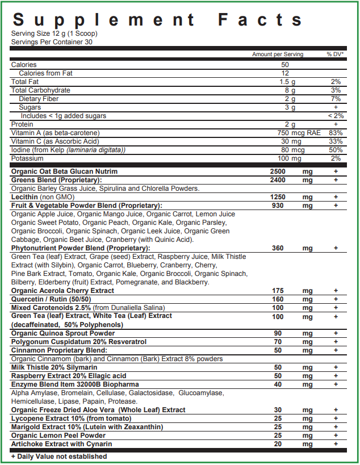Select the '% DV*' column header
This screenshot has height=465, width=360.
click(336, 55)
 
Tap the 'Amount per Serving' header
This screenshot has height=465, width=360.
click(278, 55)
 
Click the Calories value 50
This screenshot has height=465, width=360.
click(285, 65)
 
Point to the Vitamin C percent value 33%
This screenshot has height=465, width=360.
click(336, 141)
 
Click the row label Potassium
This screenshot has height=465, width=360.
click(27, 158)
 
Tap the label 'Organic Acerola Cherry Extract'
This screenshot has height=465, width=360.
click(62, 291)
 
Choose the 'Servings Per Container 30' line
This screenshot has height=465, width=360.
click(52, 41)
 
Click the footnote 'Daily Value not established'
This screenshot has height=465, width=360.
click(59, 456)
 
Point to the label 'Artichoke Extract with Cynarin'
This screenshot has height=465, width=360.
click(61, 444)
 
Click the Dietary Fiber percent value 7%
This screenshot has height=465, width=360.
click(336, 99)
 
